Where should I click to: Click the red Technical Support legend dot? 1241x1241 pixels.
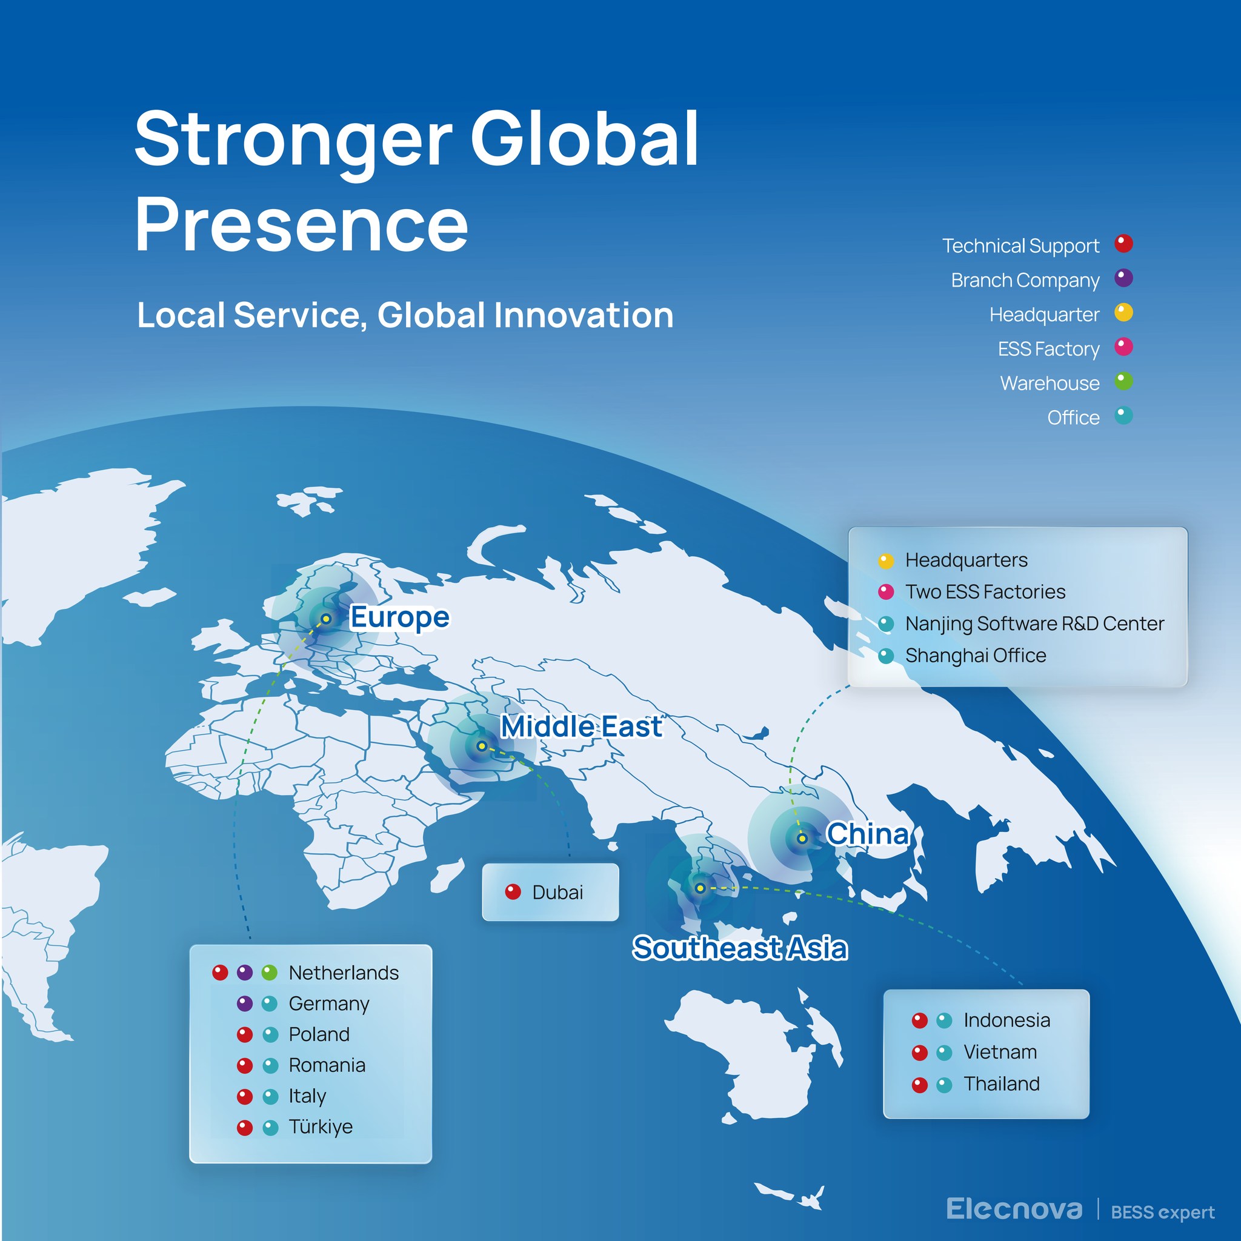point(1123,244)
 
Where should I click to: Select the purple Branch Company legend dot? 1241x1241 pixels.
point(1123,278)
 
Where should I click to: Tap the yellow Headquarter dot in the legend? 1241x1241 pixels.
point(1123,313)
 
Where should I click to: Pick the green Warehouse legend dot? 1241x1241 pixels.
point(1123,382)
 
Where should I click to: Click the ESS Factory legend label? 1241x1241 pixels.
point(1048,349)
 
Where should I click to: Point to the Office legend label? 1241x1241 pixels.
point(1073,418)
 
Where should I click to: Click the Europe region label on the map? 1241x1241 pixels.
point(399,617)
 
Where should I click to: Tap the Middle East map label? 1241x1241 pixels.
point(581,727)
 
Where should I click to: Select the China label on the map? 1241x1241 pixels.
point(868,834)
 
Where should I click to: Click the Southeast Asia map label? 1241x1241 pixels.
point(740,948)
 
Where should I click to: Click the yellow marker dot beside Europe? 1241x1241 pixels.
point(327,619)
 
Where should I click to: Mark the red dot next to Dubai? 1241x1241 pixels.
point(513,891)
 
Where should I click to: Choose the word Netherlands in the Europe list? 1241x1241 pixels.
point(344,973)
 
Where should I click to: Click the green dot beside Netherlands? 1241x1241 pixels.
point(269,973)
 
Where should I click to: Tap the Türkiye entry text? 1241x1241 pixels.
point(321,1126)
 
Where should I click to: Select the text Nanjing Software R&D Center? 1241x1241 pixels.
point(1034,623)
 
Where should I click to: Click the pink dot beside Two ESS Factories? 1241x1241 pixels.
point(886,591)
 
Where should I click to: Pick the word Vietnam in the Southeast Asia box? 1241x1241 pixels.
point(1000,1051)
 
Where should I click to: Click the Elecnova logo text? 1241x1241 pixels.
point(1014,1209)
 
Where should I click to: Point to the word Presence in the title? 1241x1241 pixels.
point(302,224)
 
